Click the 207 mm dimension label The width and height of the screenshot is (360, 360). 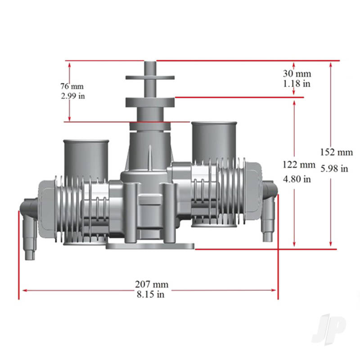152,284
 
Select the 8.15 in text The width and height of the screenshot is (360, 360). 151,295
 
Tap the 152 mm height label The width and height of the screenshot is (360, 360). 337,152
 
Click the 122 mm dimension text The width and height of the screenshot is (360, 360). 299,164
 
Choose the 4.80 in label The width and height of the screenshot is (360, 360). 297,179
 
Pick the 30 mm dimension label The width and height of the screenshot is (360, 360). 297,73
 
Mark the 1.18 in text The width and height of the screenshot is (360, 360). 297,83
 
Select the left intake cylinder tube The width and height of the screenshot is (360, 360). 86,157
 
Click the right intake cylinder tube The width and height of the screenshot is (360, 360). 215,139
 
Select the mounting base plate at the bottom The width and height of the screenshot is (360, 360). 150,246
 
